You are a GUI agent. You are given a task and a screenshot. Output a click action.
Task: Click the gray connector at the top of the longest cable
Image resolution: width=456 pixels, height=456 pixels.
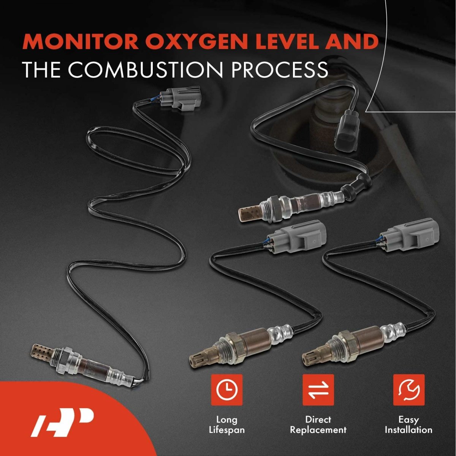(x=182, y=100)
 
